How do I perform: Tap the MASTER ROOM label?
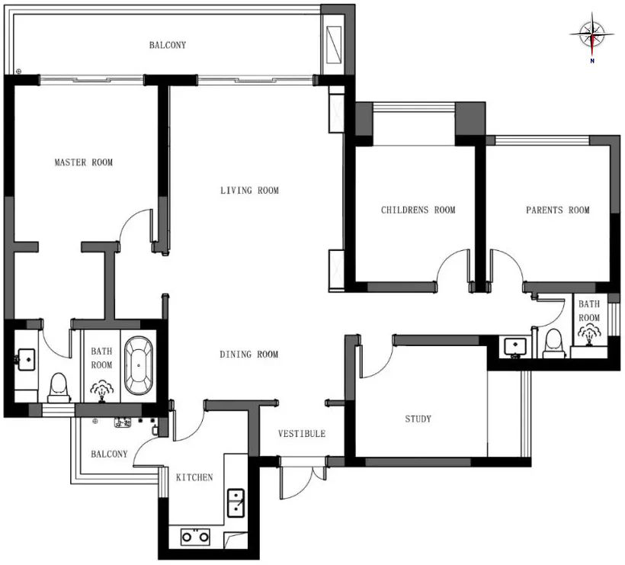tap(83, 162)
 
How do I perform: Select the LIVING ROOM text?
tap(249, 191)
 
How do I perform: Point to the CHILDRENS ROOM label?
tap(418, 210)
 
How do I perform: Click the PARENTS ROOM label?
tap(557, 210)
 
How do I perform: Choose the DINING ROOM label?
tap(249, 355)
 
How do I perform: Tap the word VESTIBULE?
tap(301, 434)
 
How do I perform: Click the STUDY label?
tap(418, 419)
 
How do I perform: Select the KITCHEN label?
tap(194, 477)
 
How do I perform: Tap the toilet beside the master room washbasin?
tap(59, 387)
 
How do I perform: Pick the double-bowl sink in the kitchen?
tap(236, 504)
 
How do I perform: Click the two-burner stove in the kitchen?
tap(195, 537)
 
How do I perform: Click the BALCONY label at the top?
tap(167, 45)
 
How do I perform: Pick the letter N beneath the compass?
tap(591, 61)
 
